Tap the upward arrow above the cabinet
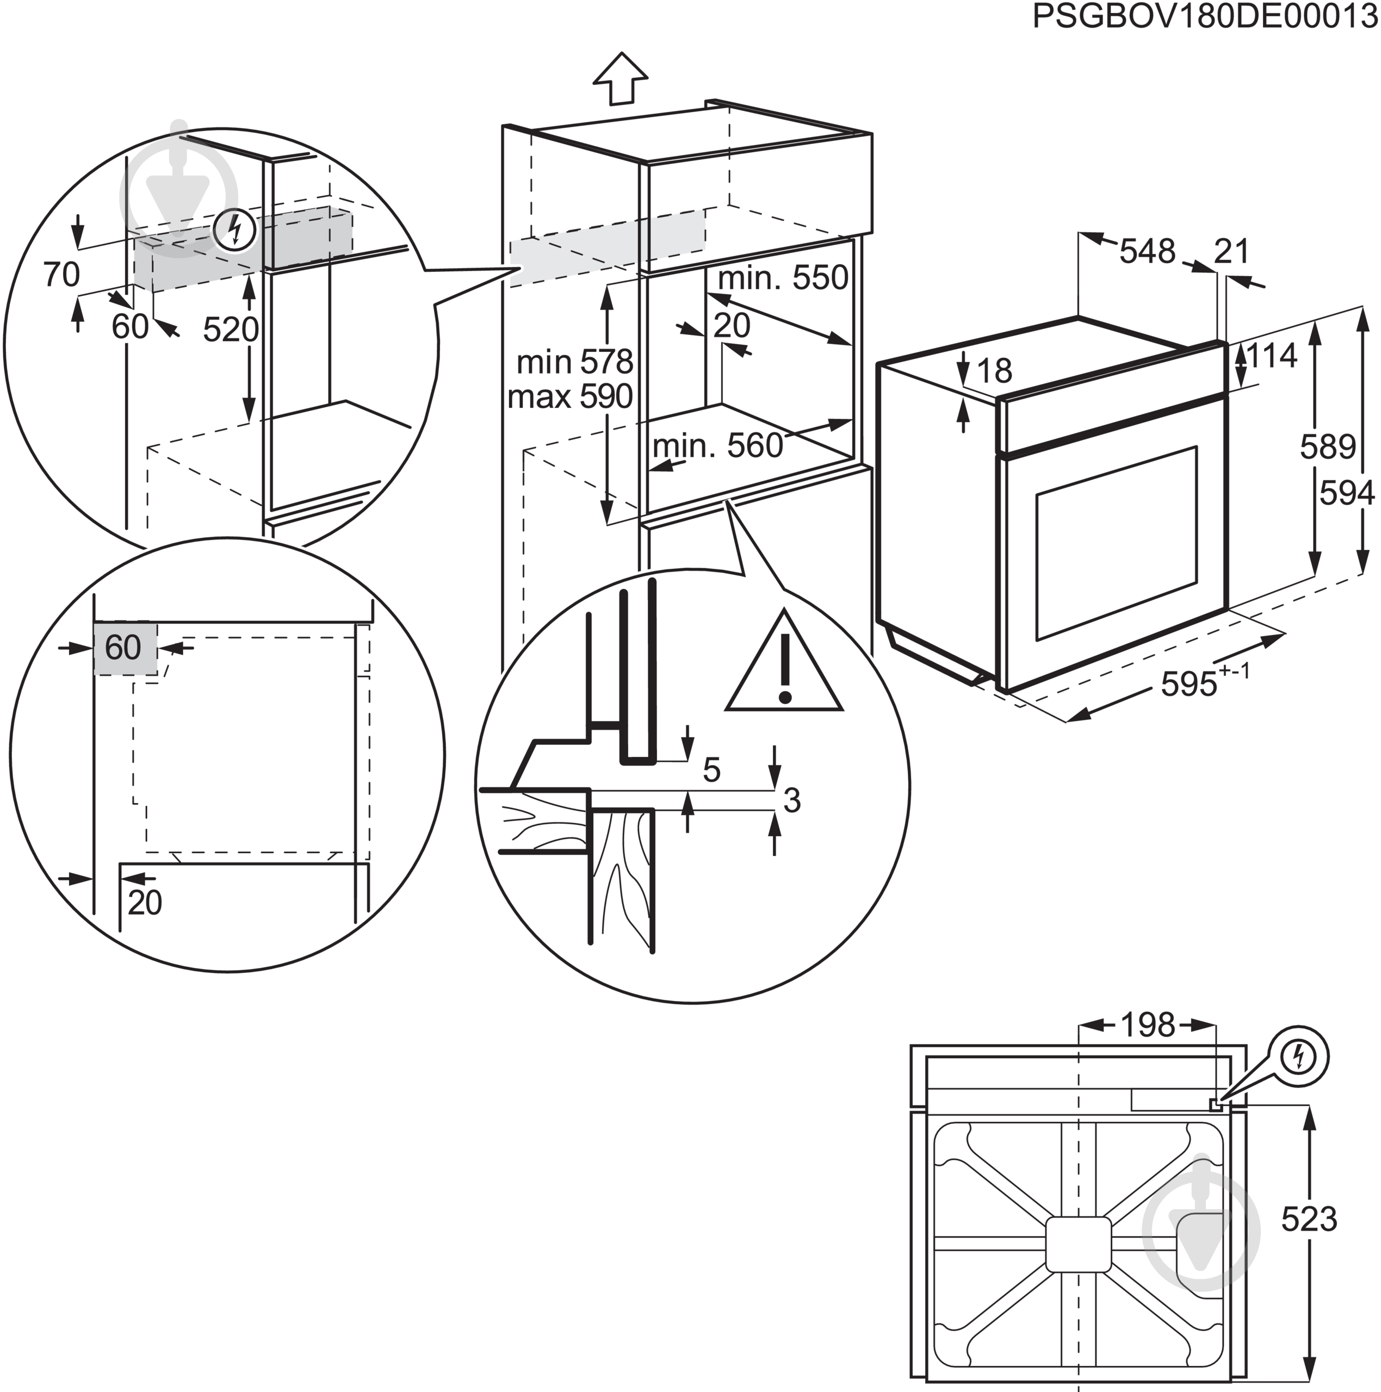pos(621,78)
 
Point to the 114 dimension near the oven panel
pos(1272,356)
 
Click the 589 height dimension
pos(1327,447)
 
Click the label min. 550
pos(783,277)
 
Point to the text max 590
pos(569,396)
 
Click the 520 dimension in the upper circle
pos(231,330)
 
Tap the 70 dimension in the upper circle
pos(61,275)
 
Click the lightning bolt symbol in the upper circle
pos(235,230)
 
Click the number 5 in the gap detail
pos(711,770)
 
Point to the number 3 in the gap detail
pos(791,800)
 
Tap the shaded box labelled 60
pos(124,648)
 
